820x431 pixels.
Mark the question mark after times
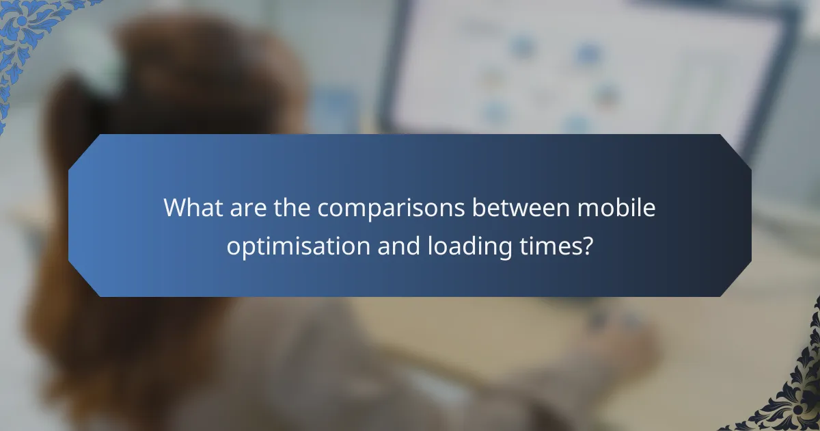click(x=585, y=246)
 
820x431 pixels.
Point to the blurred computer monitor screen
click(x=588, y=68)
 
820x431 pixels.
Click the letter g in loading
click(x=504, y=249)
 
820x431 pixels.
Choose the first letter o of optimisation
click(x=233, y=247)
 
